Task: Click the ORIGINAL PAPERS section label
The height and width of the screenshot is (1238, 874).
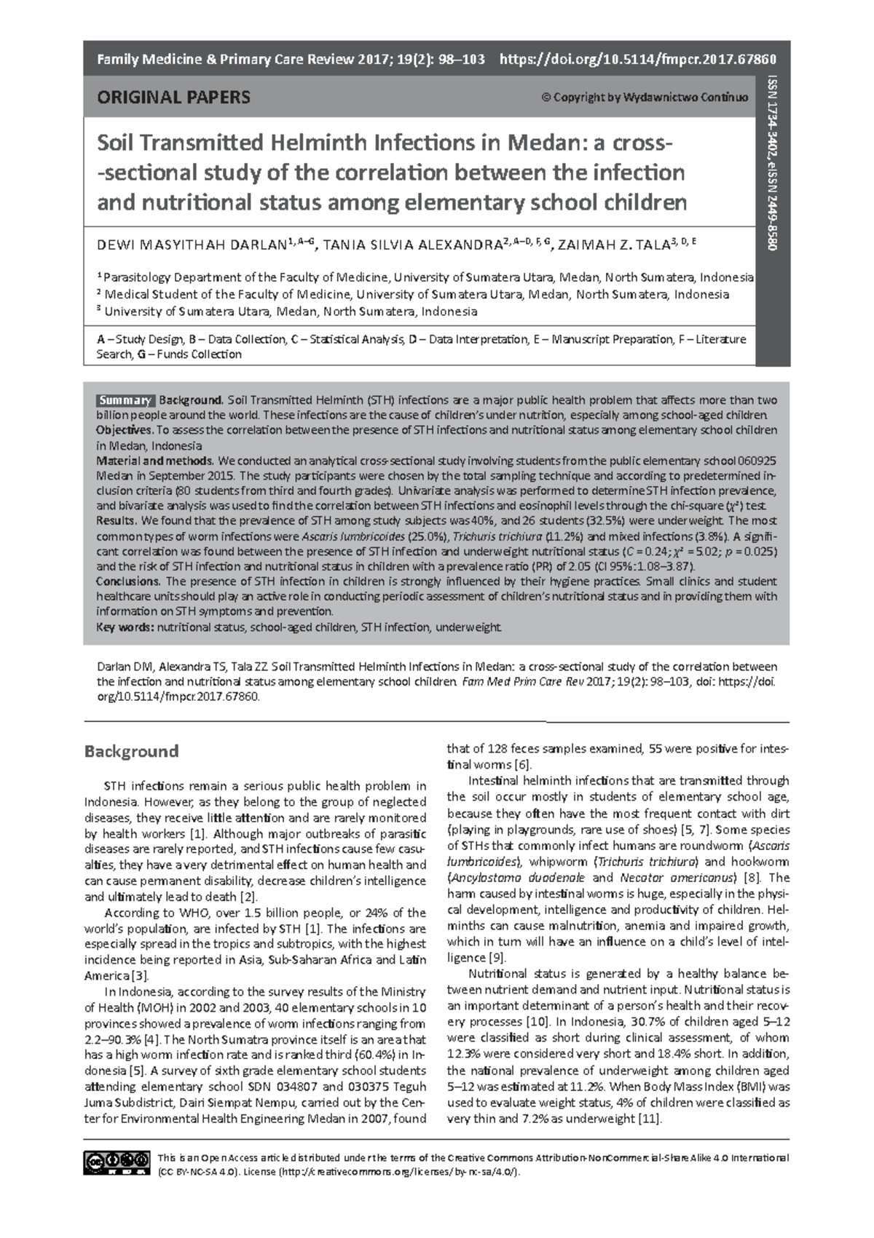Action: click(173, 97)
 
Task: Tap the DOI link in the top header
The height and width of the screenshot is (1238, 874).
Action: click(637, 59)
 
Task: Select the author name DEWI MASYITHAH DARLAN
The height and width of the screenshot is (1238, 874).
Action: click(192, 245)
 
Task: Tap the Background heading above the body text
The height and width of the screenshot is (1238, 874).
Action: click(131, 750)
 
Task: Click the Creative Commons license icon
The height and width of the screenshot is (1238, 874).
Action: click(116, 1163)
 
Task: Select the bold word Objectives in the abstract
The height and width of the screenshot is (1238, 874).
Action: click(124, 430)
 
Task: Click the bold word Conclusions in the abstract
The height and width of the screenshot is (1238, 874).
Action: click(127, 582)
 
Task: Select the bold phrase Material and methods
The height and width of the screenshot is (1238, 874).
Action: click(154, 461)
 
